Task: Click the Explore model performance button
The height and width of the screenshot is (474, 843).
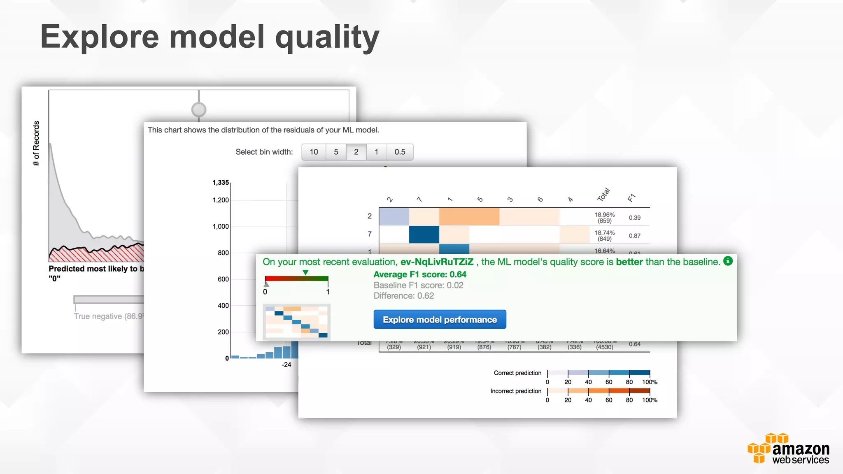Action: coord(440,320)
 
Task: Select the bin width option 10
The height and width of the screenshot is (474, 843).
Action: coord(314,152)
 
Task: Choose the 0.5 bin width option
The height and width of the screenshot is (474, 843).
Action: coord(400,152)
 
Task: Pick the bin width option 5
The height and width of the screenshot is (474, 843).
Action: coord(336,152)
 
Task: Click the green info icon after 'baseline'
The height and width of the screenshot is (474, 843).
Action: coord(728,261)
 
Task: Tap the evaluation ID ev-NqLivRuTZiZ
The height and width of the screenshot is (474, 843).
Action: coord(437,262)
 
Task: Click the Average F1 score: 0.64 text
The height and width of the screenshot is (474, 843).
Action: coord(420,274)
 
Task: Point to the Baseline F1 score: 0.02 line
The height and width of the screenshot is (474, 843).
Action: coord(418,285)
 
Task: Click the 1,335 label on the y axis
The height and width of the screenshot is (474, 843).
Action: coord(221,182)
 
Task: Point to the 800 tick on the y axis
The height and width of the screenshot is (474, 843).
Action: coord(223,253)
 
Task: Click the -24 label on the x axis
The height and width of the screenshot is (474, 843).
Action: coord(286,365)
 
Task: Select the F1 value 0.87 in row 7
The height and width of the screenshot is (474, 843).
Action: coord(634,236)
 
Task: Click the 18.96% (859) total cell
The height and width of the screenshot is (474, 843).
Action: coord(604,218)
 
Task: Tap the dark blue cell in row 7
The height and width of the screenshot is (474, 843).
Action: coord(424,235)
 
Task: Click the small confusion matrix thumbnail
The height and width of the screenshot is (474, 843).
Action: coord(296,321)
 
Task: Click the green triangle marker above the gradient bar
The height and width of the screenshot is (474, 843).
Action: coord(305,272)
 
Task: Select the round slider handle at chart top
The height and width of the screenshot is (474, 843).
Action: coord(199,109)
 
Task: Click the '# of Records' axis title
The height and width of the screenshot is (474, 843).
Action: coord(36,143)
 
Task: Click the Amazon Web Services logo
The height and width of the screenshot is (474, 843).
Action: coord(788,449)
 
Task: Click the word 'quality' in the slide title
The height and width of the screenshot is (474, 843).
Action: coord(327,37)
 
